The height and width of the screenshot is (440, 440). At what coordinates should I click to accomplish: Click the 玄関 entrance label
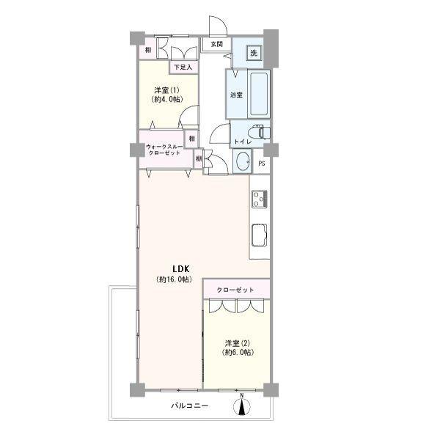(216, 44)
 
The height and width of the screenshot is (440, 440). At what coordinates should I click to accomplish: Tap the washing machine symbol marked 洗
(254, 53)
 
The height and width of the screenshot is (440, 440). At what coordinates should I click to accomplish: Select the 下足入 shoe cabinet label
(183, 67)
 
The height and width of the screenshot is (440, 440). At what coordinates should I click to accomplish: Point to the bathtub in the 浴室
(259, 94)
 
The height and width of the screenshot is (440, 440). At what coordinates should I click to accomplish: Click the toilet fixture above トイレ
(262, 131)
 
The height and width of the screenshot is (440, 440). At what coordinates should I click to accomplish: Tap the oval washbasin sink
(243, 161)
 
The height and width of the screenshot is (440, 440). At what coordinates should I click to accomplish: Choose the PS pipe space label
(262, 164)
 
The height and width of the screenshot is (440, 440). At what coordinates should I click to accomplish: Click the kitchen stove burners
(260, 199)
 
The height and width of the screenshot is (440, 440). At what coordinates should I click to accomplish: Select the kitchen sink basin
(260, 235)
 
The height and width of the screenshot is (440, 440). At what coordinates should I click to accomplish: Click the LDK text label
(181, 269)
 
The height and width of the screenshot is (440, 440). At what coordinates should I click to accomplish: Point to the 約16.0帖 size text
(175, 279)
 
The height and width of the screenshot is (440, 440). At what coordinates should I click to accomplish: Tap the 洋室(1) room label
(167, 90)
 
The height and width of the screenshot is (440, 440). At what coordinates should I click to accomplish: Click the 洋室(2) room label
(238, 343)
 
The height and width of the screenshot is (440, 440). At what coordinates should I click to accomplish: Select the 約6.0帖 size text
(238, 353)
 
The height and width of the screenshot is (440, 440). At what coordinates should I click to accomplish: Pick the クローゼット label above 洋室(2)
(235, 290)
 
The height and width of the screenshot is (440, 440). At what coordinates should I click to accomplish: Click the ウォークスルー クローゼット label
(164, 150)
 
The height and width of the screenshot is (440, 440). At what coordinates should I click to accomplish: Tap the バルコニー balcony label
(190, 406)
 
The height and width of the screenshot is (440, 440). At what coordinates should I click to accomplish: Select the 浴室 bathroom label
(236, 95)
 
